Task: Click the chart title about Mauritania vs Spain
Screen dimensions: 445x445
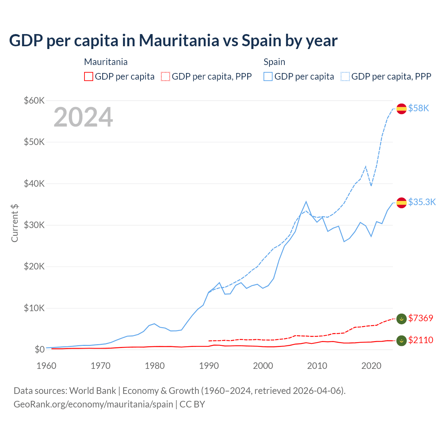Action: coord(173,40)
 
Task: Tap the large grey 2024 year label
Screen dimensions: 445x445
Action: coord(83,117)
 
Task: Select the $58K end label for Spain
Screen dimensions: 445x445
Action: coord(419,108)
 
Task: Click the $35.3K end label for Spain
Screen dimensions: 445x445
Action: coord(422,202)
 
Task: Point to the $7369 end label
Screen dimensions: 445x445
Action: coord(421,318)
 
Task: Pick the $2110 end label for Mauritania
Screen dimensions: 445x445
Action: coord(421,340)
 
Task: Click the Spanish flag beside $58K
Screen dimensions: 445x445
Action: coord(402,108)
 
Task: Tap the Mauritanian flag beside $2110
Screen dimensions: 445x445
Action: coord(402,341)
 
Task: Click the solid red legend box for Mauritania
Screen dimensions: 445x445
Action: coord(89,76)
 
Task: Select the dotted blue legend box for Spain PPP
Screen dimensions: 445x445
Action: coord(345,76)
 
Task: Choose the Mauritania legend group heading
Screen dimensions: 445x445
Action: coord(106,62)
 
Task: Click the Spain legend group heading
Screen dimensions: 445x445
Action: coord(274,62)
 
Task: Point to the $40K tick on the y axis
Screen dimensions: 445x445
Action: coord(34,184)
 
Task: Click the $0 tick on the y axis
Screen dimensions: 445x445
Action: coord(40,349)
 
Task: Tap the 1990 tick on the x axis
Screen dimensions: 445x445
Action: coord(209,366)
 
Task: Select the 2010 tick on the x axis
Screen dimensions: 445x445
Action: coord(317,366)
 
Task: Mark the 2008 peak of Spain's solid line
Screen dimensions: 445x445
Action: coord(306,202)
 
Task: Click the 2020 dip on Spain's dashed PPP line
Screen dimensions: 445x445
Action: coord(371,186)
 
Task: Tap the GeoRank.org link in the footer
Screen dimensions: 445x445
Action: coord(93,404)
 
